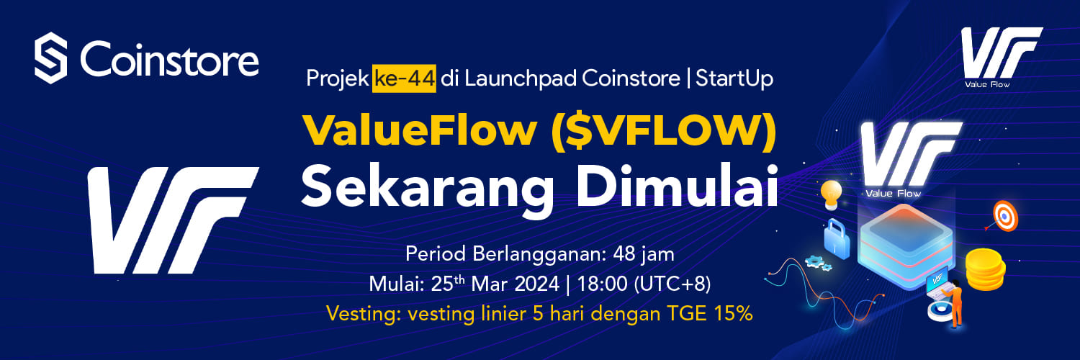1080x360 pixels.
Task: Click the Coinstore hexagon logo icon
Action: point(50,58)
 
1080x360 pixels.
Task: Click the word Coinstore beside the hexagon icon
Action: point(169,58)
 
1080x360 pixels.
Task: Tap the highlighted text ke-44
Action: point(404,78)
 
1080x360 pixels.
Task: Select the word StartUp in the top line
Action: point(734,78)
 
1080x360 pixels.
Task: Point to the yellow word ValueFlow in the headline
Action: point(420,130)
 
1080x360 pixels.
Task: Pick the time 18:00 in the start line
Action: point(602,284)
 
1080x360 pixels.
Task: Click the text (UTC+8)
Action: point(672,284)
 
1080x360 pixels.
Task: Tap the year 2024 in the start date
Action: point(536,284)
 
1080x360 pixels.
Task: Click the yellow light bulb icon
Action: point(831,195)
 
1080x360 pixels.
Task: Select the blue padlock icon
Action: point(837,239)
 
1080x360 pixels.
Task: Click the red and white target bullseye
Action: point(1005,216)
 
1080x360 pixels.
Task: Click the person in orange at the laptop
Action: point(953,303)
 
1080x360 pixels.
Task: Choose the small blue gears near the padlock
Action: point(818,263)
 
